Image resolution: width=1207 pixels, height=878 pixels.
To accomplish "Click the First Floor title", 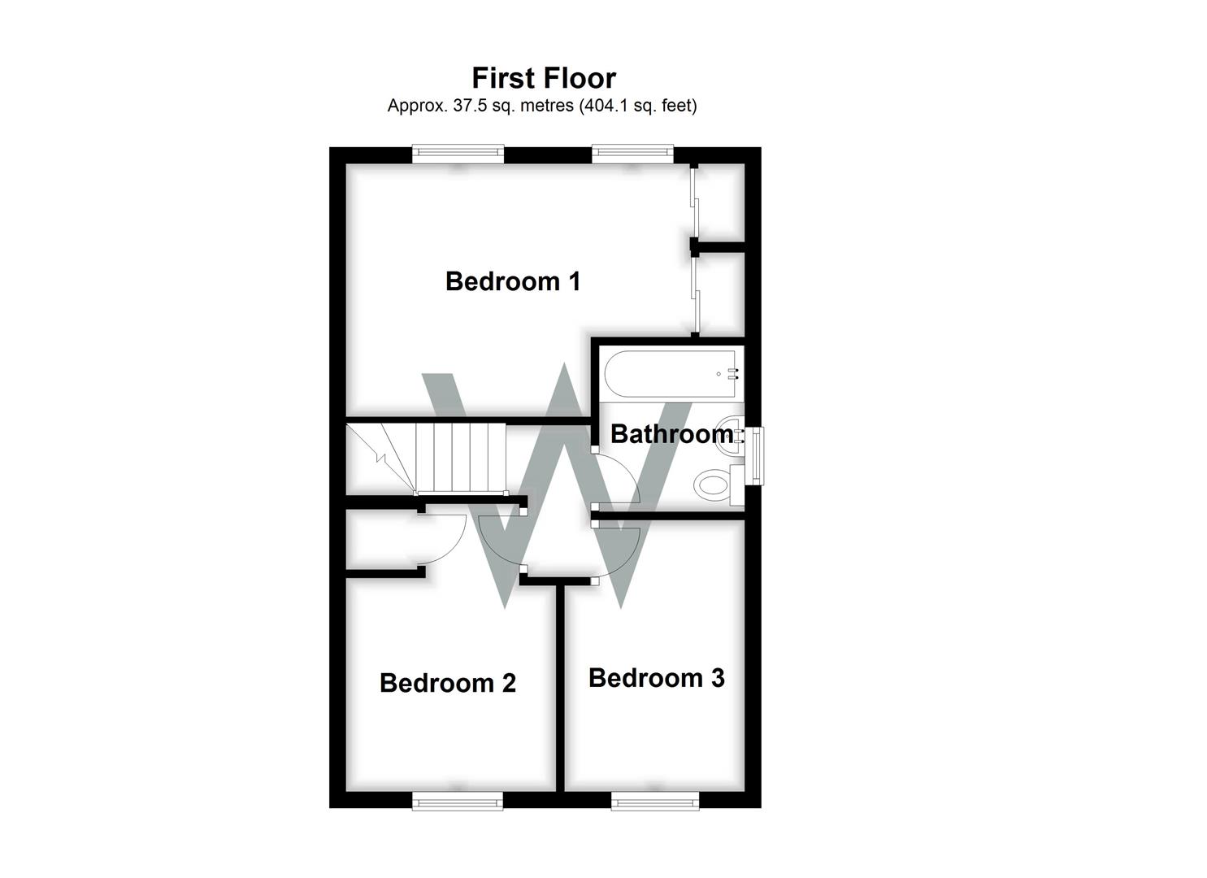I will (544, 78).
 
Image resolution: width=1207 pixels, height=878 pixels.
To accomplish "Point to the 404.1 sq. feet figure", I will (638, 106).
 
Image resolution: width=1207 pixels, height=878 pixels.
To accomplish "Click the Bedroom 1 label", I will (513, 281).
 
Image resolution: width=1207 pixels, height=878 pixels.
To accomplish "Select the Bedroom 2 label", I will (448, 683).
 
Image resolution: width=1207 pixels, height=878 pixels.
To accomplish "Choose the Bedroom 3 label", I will (657, 678).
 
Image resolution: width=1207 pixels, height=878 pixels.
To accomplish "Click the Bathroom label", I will (671, 434).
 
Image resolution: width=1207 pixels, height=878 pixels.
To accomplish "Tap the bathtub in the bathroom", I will (671, 374).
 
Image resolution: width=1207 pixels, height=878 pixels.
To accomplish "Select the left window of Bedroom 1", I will (458, 154).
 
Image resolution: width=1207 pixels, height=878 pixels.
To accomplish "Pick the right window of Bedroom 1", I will (633, 154).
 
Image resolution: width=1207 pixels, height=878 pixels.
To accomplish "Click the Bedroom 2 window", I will (458, 802).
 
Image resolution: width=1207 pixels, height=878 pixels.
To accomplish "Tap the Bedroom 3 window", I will (655, 802).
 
